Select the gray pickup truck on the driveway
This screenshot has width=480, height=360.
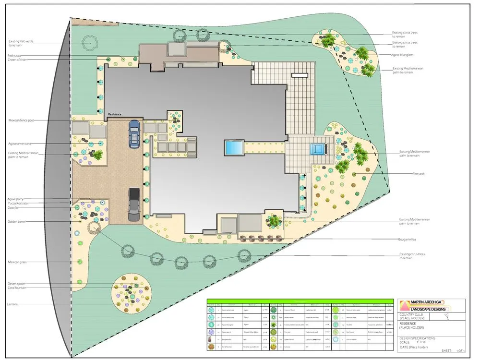click(x=134, y=204)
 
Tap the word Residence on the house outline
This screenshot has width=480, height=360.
click(x=115, y=114)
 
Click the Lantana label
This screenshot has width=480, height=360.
click(x=12, y=304)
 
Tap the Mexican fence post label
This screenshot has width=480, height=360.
click(x=22, y=120)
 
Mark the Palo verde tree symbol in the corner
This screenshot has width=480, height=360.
click(x=89, y=43)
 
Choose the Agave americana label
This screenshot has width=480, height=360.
click(x=20, y=144)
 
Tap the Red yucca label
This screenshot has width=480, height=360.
click(x=14, y=56)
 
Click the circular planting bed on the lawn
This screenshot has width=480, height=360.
click(x=128, y=291)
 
